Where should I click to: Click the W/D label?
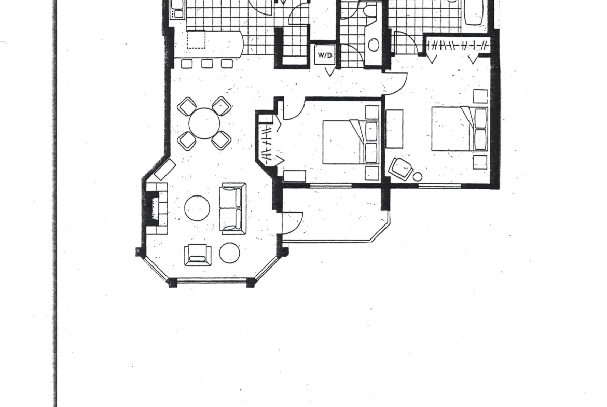click(x=325, y=55)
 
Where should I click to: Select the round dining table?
click(x=204, y=123)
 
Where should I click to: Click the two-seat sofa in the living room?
click(x=232, y=208)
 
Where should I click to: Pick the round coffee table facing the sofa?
click(x=197, y=208)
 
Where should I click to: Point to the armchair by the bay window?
click(x=198, y=255)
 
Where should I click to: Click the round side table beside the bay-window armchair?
click(x=229, y=252)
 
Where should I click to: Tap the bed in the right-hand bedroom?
click(x=460, y=129)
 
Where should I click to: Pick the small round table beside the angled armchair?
click(x=417, y=177)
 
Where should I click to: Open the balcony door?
click(x=293, y=223)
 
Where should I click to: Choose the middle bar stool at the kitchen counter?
click(x=206, y=64)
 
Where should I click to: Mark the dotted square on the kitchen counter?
click(x=196, y=39)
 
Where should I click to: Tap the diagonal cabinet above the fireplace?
click(x=165, y=170)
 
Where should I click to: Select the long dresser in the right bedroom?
click(x=394, y=129)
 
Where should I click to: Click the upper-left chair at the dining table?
click(x=187, y=106)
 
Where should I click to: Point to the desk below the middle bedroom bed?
click(x=295, y=176)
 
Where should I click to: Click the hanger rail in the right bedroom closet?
click(x=458, y=46)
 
